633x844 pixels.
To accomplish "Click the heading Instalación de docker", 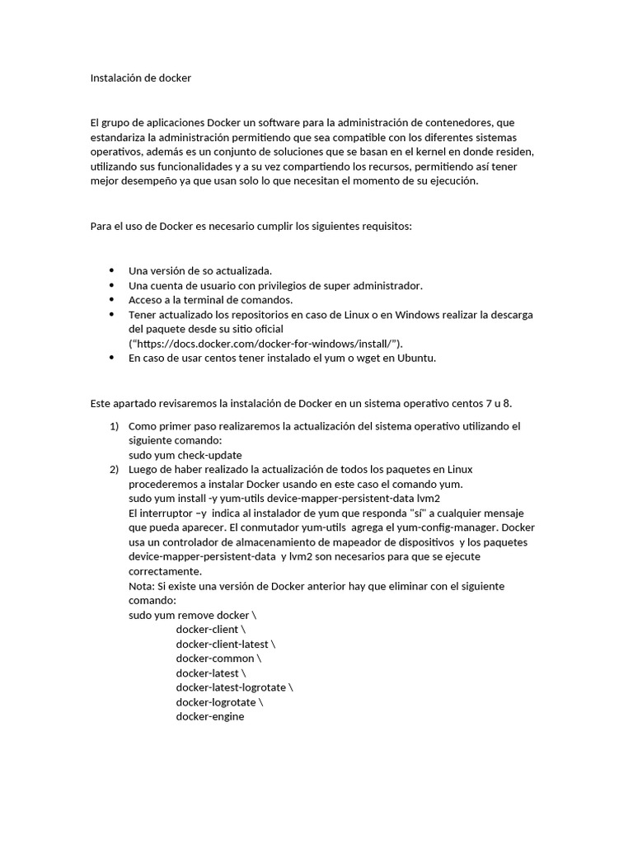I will click(140, 78).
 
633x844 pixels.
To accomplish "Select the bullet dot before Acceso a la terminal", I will click(111, 299).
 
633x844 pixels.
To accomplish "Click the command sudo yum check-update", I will click(185, 455).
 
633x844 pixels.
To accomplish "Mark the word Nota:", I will click(142, 586).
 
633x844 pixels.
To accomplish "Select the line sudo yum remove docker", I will click(194, 615).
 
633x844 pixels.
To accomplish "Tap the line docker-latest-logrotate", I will click(234, 687).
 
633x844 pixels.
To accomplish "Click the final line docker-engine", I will click(210, 716).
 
